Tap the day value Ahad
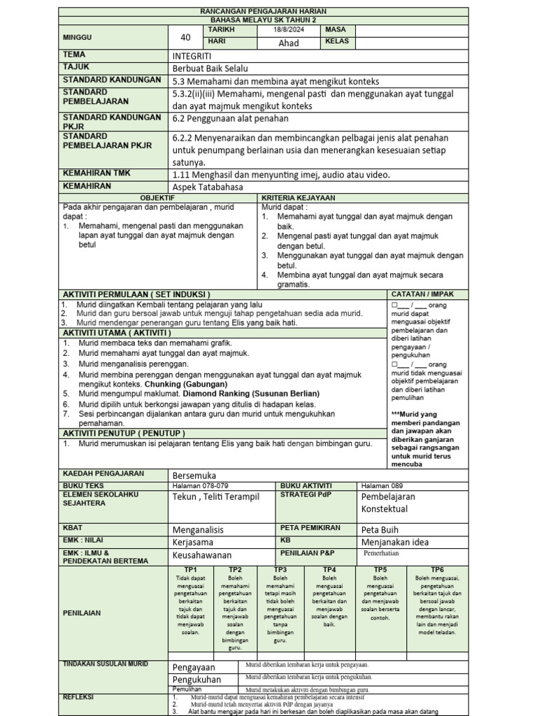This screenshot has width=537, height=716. tap(288, 43)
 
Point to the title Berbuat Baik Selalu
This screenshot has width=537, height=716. tap(210, 69)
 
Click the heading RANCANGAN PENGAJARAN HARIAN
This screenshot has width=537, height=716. tap(263, 13)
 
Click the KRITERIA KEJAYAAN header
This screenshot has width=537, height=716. tap(298, 198)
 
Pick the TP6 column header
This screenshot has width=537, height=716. tap(437, 570)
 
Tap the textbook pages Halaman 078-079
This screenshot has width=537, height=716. tap(200, 485)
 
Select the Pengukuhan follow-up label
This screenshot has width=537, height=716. tap(196, 679)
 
